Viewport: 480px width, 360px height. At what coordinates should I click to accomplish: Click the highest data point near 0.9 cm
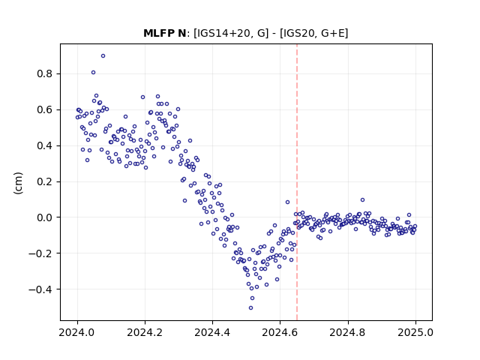[x=103, y=56]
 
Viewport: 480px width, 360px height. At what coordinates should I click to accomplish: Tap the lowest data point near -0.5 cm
[x=250, y=308]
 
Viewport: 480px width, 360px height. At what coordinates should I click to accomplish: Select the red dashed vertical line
[x=297, y=182]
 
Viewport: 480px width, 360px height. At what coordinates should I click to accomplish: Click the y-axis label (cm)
[x=18, y=183]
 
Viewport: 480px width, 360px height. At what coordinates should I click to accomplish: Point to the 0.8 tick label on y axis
[x=45, y=73]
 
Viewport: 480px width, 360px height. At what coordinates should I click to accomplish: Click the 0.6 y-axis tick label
[x=45, y=109]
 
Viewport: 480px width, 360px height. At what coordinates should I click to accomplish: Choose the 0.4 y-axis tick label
[x=45, y=145]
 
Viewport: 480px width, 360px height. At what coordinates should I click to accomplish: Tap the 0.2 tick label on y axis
[x=45, y=181]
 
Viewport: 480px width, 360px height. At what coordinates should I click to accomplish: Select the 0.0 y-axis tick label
[x=45, y=217]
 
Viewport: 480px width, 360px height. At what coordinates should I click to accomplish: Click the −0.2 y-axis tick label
[x=40, y=253]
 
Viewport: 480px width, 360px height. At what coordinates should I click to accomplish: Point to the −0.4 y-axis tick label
[x=40, y=289]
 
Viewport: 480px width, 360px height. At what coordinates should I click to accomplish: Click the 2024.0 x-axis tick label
[x=77, y=332]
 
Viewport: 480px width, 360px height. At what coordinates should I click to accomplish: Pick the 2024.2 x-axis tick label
[x=145, y=332]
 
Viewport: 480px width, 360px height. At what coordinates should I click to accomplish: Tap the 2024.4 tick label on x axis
[x=212, y=332]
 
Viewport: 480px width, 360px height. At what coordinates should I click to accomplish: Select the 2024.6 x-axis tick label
[x=280, y=332]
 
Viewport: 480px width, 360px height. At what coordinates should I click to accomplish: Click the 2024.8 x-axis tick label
[x=348, y=332]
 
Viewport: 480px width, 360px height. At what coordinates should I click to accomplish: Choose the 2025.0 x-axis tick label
[x=415, y=332]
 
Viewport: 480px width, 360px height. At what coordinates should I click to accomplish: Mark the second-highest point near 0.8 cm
[x=93, y=73]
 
